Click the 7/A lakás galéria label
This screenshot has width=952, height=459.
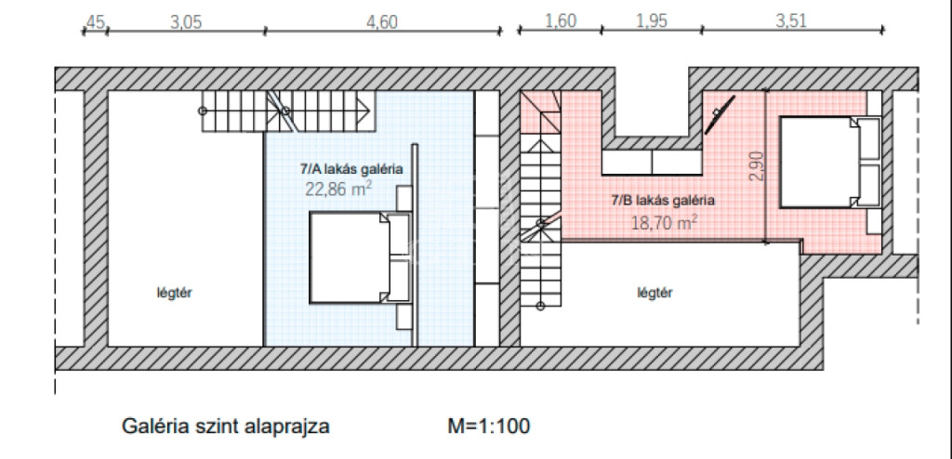pyautogui.click(x=350, y=171)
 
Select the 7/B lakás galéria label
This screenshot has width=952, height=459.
pyautogui.click(x=662, y=200)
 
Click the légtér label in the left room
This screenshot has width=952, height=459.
pyautogui.click(x=166, y=293)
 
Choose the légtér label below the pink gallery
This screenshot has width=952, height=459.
pyautogui.click(x=655, y=293)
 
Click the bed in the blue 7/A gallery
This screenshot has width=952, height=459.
pyautogui.click(x=358, y=258)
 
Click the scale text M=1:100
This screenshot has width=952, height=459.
pyautogui.click(x=489, y=427)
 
